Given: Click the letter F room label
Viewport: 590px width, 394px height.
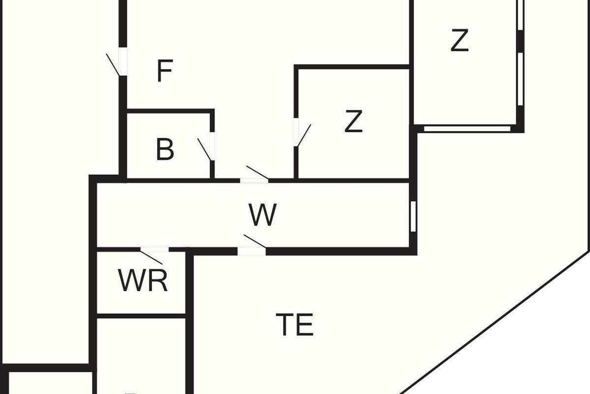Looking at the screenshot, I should pos(165,71).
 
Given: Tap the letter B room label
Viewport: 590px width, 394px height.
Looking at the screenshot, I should pos(165,150).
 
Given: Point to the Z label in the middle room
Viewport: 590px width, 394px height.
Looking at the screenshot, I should pos(354,122).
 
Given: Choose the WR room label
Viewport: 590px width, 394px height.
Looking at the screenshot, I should pos(143,281).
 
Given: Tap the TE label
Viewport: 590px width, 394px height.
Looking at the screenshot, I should pos(295,325).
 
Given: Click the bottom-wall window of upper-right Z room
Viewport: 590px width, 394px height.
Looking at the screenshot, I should pos(467,129).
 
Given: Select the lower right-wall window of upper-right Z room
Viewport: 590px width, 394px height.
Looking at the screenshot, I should pos(520,79).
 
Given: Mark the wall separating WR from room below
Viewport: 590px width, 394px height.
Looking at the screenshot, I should pos(141,315).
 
